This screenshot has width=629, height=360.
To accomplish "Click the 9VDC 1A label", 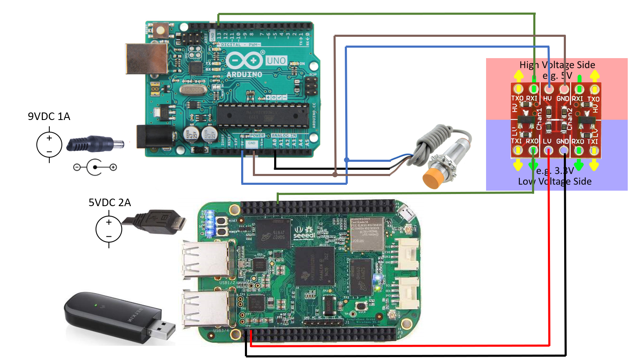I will (49, 116).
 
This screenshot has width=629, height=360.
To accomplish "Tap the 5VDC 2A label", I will (110, 202).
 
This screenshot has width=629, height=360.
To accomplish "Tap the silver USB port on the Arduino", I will (146, 59).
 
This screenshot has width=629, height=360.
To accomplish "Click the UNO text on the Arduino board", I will (276, 61).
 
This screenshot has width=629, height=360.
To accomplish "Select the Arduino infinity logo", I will (244, 61).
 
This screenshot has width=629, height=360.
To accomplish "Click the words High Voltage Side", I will (557, 65).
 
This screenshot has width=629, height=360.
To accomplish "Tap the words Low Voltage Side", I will (555, 181).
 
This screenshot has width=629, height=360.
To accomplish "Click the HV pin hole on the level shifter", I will (548, 89).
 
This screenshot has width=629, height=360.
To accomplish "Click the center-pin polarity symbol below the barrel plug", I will (95, 167).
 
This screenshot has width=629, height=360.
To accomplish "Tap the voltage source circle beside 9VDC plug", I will (49, 145).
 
